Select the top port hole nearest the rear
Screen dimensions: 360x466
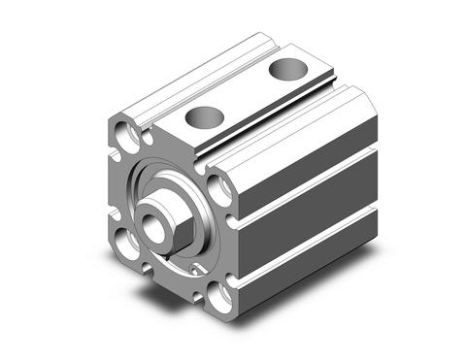click(285, 70)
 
